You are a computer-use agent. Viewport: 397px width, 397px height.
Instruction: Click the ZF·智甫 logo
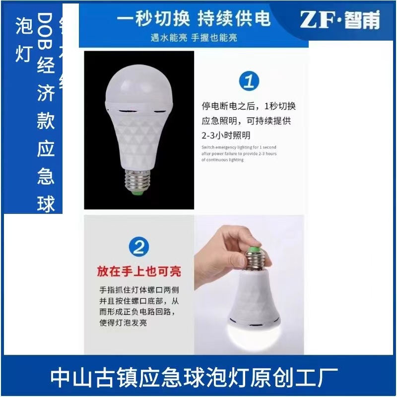340,20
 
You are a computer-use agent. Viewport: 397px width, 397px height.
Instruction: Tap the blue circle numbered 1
249,81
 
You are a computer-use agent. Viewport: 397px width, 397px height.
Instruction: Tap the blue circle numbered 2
139,247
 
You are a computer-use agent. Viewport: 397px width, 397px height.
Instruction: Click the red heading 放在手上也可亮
139,271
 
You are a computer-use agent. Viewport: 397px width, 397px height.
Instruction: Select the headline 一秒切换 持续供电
194,19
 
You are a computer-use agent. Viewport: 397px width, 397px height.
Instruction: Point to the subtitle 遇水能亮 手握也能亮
194,38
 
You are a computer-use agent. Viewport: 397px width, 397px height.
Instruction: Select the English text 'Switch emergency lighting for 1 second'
239,147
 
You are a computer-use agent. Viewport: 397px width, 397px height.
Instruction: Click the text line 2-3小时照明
226,135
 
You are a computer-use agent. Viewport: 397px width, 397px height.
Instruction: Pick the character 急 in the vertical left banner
46,176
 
